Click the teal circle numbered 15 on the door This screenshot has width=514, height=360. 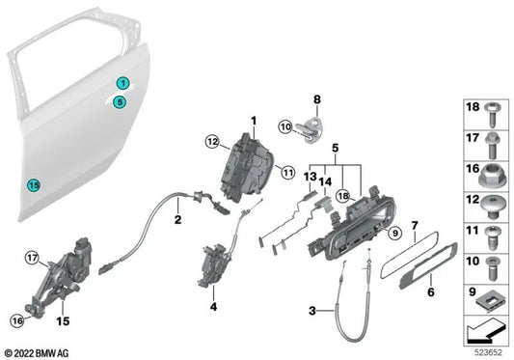tap(34, 185)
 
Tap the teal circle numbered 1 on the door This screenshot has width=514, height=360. tap(123, 83)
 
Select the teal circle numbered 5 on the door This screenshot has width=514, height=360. tap(119, 100)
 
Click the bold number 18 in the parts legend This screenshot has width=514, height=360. tap(473, 109)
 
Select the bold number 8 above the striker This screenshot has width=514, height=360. tap(315, 98)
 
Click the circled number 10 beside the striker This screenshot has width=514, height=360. tap(285, 126)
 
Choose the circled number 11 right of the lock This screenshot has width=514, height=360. tap(286, 172)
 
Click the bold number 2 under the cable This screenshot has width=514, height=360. tap(177, 220)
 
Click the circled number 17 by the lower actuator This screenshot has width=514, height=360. tap(32, 258)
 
